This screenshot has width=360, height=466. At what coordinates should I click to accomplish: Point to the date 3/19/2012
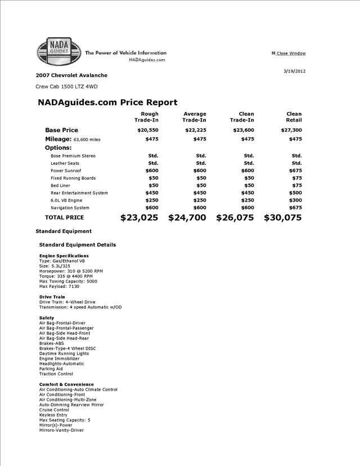pyautogui.click(x=295, y=71)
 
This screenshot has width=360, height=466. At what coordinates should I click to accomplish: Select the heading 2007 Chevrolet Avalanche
pyautogui.click(x=71, y=75)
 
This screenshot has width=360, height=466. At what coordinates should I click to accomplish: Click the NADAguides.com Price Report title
pyautogui.click(x=107, y=102)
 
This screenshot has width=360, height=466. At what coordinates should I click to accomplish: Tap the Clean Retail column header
pyautogui.click(x=294, y=117)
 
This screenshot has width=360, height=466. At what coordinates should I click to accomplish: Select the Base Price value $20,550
pyautogui.click(x=148, y=130)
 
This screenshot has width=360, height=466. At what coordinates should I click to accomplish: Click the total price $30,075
pyautogui.click(x=283, y=218)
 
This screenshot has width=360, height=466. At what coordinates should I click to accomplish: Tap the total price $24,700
pyautogui.click(x=187, y=218)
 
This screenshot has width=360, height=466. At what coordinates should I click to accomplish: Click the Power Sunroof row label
pyautogui.click(x=66, y=171)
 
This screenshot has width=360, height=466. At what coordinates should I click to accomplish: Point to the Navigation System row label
pyautogui.click(x=70, y=208)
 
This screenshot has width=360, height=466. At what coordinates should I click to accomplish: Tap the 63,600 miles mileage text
pyautogui.click(x=87, y=140)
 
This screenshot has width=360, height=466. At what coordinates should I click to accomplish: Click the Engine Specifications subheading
pyautogui.click(x=64, y=256)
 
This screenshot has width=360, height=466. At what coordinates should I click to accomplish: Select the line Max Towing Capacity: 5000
pyautogui.click(x=68, y=281)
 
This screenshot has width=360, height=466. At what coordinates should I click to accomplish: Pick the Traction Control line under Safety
pyautogui.click(x=56, y=374)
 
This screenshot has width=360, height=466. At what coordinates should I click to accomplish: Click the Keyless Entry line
pyautogui.click(x=53, y=415)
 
